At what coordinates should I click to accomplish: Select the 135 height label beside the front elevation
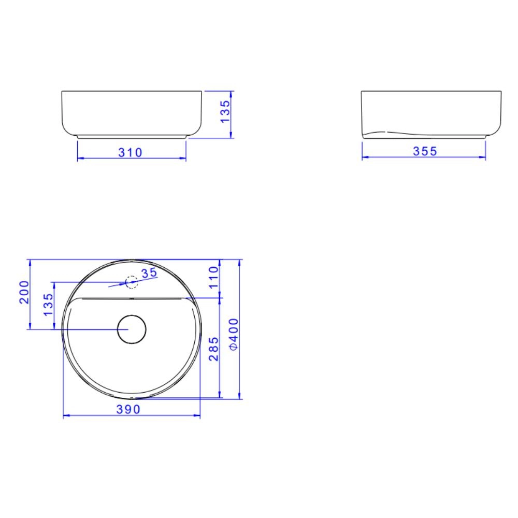pyautogui.click(x=225, y=112)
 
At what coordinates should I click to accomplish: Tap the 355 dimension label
pyautogui.click(x=425, y=151)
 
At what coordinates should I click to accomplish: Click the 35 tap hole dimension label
pyautogui.click(x=149, y=274)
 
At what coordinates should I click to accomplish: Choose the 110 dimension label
pyautogui.click(x=214, y=278)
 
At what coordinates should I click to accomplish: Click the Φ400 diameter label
pyautogui.click(x=233, y=334)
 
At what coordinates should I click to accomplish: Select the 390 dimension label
pyautogui.click(x=128, y=409)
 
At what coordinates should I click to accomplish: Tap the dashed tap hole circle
pyautogui.click(x=132, y=282)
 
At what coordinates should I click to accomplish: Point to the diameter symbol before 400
pyautogui.click(x=233, y=347)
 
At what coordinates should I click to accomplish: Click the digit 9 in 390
pyautogui.click(x=128, y=409)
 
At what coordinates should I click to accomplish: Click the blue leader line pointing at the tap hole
pyautogui.click(x=117, y=285)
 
